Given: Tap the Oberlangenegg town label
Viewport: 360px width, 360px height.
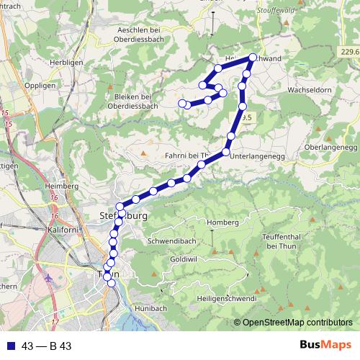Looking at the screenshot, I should tap(330, 146).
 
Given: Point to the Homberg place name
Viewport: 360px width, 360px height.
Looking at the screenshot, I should tap(222, 222).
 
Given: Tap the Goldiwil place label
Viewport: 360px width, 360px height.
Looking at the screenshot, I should tap(184, 258).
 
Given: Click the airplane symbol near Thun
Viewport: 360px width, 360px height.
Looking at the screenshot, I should tap(48, 276).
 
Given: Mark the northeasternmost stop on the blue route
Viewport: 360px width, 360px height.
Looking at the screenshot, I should tap(253, 58).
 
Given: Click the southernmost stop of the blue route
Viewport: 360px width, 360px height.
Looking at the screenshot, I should tap(111, 283).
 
